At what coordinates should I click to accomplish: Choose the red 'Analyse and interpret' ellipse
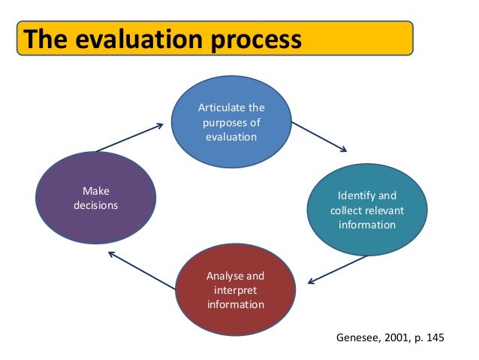coord(235,290)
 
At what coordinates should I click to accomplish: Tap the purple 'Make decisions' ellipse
coord(95,198)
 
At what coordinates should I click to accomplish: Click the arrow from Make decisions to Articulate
coord(129,137)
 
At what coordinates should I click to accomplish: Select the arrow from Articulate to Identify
coord(319,136)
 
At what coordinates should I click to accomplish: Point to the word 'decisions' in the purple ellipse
coord(95,205)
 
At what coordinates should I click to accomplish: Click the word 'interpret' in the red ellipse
coord(235,290)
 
